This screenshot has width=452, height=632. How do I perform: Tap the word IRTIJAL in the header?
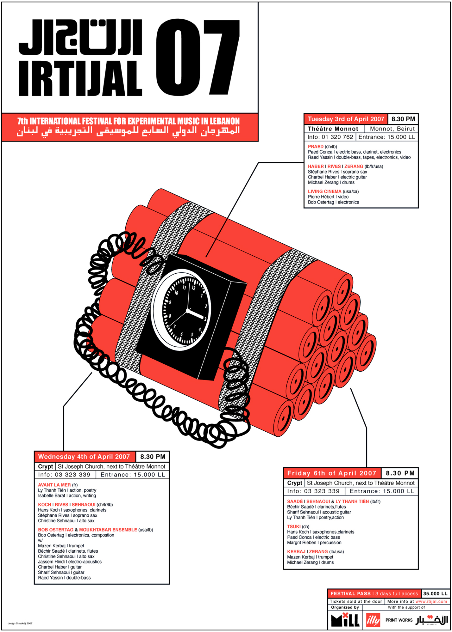(x=80, y=78)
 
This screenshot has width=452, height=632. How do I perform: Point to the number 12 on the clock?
(x=193, y=288)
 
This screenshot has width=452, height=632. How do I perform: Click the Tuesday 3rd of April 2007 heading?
(x=346, y=119)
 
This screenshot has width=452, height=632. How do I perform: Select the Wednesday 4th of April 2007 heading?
(x=84, y=457)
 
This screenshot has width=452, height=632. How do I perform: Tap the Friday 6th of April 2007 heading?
(x=332, y=473)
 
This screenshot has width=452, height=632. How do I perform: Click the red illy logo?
(x=373, y=620)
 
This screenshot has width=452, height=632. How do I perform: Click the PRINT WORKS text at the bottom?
(x=399, y=620)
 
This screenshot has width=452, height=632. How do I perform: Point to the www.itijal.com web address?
(x=431, y=601)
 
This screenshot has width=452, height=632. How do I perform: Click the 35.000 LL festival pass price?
(x=435, y=593)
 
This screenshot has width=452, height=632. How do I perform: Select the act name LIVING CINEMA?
(x=324, y=191)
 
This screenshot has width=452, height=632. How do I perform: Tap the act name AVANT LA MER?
(x=54, y=485)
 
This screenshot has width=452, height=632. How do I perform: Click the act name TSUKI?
(x=294, y=526)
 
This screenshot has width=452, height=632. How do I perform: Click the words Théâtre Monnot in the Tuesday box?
(x=333, y=129)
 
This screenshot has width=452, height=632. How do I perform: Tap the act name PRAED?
(x=316, y=147)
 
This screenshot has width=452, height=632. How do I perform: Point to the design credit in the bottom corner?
(x=20, y=623)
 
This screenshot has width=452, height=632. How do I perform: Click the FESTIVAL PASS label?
(x=350, y=593)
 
